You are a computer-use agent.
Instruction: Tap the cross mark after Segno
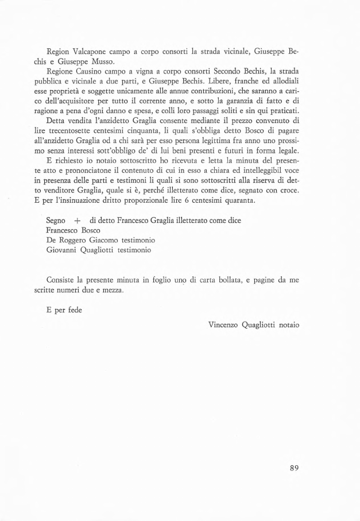point(76,221)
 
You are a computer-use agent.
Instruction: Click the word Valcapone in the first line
point(91,51)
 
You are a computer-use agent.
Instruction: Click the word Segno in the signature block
point(56,221)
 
